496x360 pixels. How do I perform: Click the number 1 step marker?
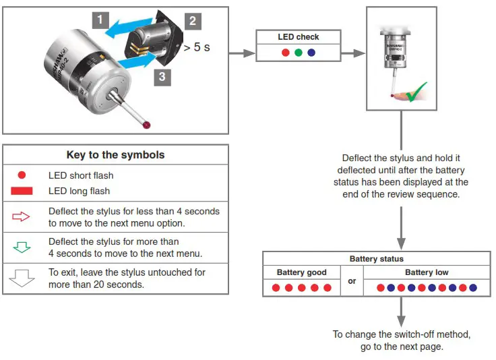pyautogui.click(x=100, y=20)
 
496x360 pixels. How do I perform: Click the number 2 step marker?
pyautogui.click(x=192, y=20)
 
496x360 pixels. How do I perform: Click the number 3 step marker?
pyautogui.click(x=161, y=77)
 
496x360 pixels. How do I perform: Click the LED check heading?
pyautogui.click(x=298, y=37)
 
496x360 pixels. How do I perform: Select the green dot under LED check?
pyautogui.click(x=298, y=53)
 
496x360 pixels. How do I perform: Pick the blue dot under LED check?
pyautogui.click(x=311, y=53)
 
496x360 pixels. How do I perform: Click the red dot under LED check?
pyautogui.click(x=285, y=53)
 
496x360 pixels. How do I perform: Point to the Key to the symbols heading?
pyautogui.click(x=115, y=154)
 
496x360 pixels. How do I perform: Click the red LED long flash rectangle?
pyautogui.click(x=22, y=191)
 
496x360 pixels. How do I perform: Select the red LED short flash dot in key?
pyautogui.click(x=22, y=175)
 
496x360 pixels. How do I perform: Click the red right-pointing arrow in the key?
pyautogui.click(x=22, y=217)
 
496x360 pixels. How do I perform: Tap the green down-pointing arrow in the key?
pyautogui.click(x=22, y=247)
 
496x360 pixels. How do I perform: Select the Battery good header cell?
pyautogui.click(x=301, y=272)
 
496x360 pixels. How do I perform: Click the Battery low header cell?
pyautogui.click(x=427, y=272)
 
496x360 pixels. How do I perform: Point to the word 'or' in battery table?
pyautogui.click(x=352, y=281)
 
